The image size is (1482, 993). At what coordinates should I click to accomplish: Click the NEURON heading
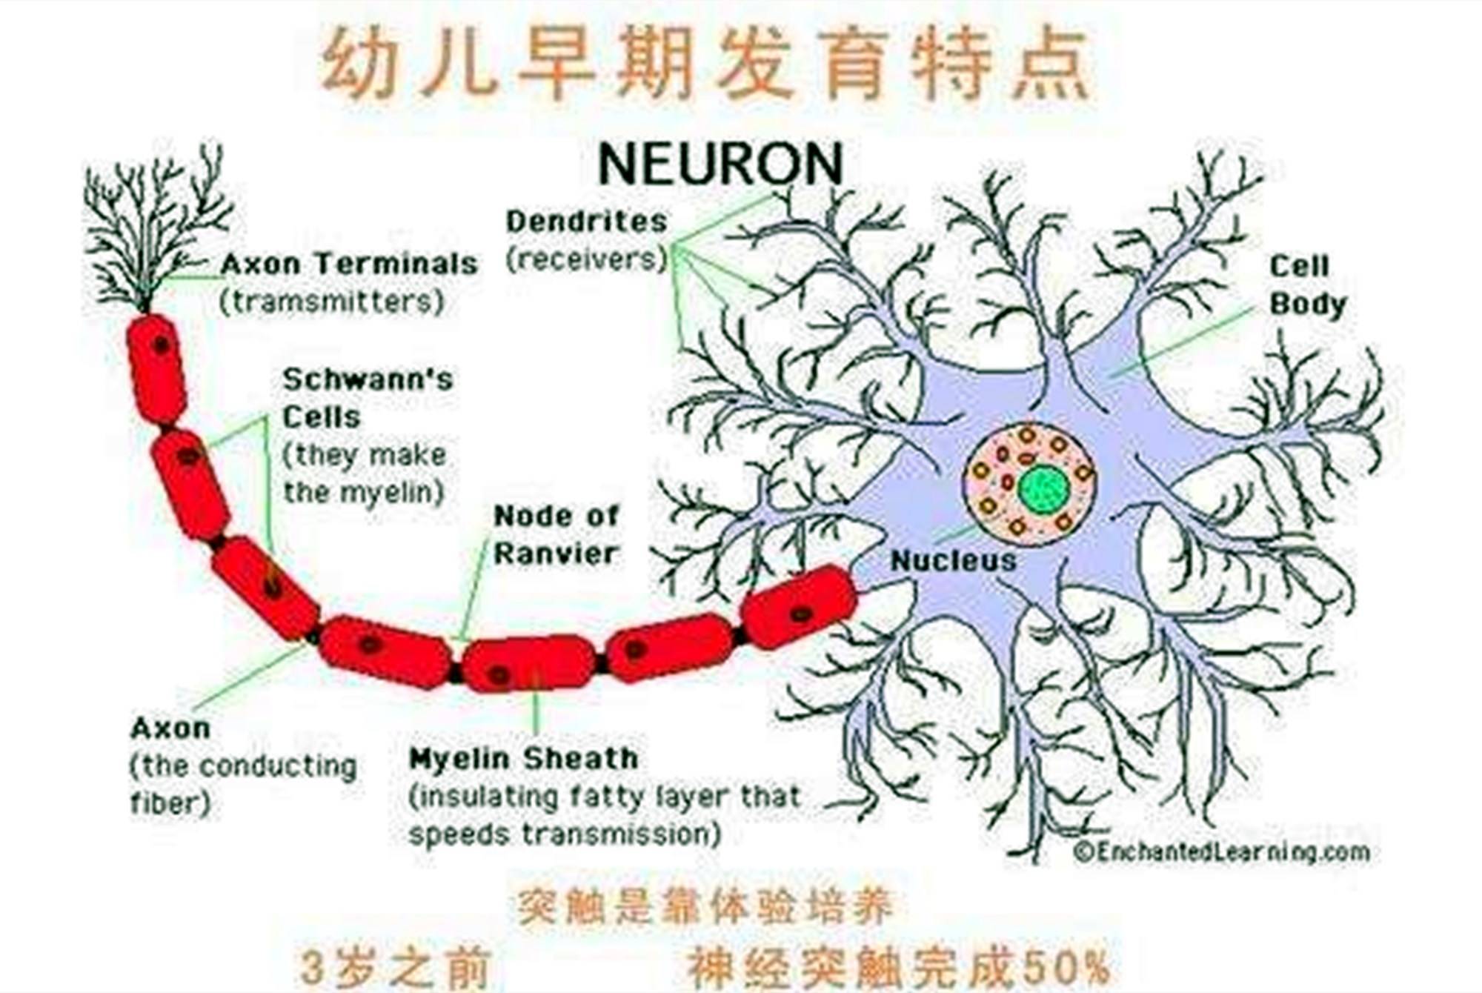click(720, 164)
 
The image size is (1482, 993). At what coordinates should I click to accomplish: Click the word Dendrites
click(586, 221)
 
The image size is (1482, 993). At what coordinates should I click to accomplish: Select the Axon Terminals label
click(349, 264)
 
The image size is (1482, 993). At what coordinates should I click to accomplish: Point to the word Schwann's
click(368, 379)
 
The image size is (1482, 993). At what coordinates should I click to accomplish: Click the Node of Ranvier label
click(556, 534)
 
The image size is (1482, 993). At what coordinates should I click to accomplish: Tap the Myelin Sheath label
click(523, 759)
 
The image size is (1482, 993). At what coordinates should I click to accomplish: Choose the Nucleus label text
click(953, 561)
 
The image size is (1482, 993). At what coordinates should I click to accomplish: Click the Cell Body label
click(1308, 285)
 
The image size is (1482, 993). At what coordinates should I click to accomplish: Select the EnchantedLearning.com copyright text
click(1221, 852)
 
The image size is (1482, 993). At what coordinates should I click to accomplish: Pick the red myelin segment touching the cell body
click(799, 607)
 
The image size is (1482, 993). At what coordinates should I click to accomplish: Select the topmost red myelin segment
click(157, 369)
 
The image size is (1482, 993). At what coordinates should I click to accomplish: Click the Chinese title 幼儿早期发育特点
click(705, 62)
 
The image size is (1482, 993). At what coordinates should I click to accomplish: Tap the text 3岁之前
click(396, 968)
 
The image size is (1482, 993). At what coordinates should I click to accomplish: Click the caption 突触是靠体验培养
click(705, 906)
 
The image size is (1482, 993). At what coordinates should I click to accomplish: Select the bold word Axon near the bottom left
click(170, 728)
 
